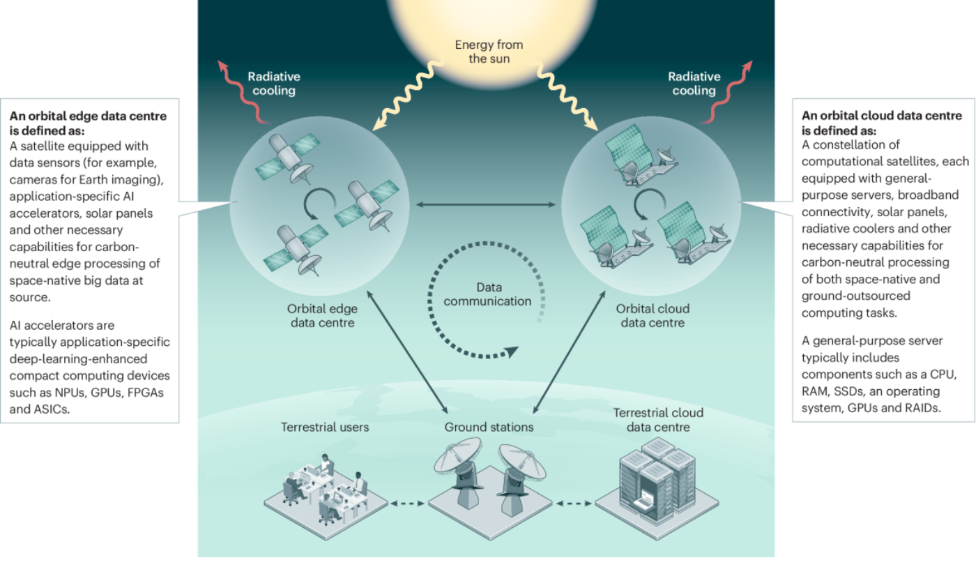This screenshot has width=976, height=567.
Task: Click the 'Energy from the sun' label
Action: [x=489, y=52]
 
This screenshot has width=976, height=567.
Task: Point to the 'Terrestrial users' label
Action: [x=325, y=427]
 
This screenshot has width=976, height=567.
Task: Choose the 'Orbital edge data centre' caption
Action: [x=321, y=315]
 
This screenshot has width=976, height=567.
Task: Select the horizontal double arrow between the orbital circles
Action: [x=487, y=204]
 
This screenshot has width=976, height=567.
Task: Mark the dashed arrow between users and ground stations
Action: [x=407, y=502]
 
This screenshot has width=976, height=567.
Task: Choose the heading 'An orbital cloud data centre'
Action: [x=881, y=116]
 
